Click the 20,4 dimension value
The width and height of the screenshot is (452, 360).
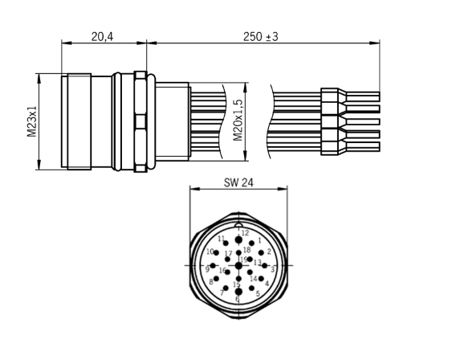[101, 37]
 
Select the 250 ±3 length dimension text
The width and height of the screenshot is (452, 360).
[266, 37]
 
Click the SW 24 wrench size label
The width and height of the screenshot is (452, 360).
[238, 183]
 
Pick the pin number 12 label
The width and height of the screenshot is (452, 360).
[245, 233]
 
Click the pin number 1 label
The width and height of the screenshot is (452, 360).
[259, 239]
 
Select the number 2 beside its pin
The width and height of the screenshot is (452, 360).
[269, 252]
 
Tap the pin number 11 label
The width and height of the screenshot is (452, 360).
[222, 239]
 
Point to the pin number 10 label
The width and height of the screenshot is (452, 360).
[210, 252]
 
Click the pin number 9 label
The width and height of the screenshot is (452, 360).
[206, 269]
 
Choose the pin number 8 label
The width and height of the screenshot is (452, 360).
[211, 282]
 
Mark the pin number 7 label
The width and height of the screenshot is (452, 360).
[221, 293]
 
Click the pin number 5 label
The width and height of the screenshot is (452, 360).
[257, 293]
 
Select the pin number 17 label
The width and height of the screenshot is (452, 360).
[228, 255]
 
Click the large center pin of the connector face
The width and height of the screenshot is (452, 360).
[238, 265]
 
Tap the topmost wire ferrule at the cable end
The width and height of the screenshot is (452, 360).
[333, 96]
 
